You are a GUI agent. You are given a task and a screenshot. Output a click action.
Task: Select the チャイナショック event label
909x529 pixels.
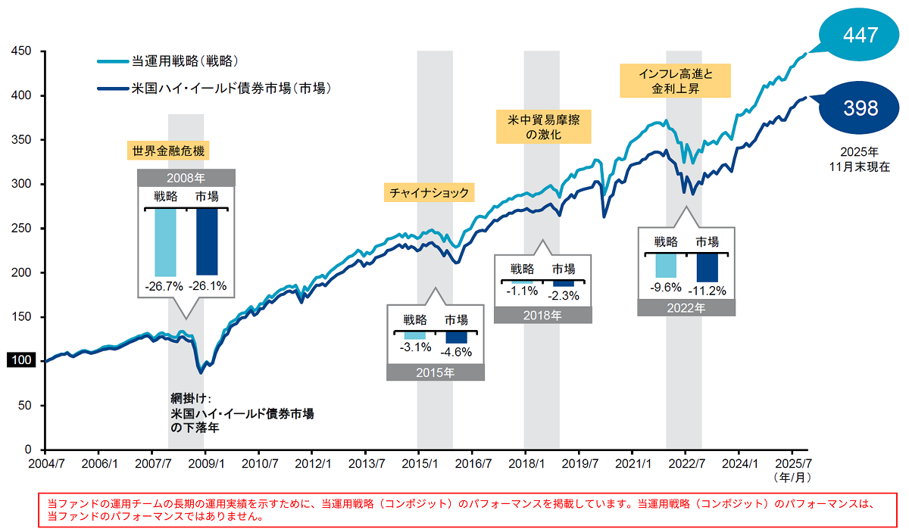pos(429,193)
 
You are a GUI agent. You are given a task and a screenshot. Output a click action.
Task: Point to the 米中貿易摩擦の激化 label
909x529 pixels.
pos(542,126)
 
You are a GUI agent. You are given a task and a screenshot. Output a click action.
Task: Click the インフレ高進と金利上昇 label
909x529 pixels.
pos(676,81)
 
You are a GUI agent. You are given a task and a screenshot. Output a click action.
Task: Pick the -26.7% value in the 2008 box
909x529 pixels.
pos(165,286)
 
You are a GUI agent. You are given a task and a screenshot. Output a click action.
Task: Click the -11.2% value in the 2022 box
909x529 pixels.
pos(711,290)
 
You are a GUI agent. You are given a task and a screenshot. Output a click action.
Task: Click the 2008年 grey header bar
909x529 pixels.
pos(186,179)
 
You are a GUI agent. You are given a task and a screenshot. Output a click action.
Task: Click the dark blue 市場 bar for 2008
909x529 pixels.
pos(206,241)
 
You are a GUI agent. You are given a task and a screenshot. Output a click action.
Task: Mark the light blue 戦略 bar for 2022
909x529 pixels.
pos(666,266)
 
